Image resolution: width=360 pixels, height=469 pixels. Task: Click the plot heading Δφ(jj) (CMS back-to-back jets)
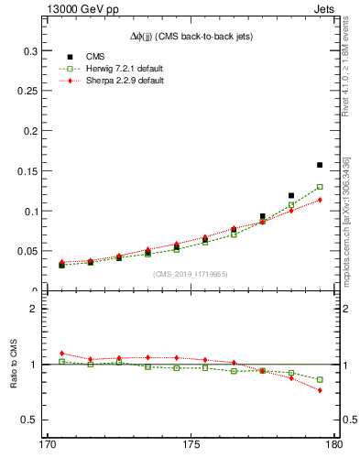point(191,36)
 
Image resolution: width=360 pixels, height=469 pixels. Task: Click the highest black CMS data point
point(320,165)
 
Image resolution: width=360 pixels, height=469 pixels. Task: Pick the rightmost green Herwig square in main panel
point(320,187)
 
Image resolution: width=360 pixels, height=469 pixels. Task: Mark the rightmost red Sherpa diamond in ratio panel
point(320,390)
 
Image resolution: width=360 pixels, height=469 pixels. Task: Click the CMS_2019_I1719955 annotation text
point(191,273)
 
